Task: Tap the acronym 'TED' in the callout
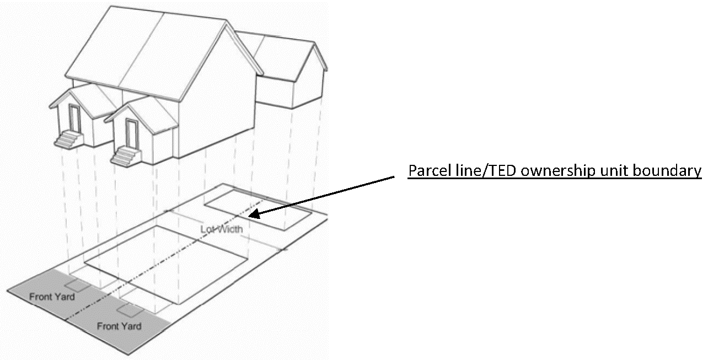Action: point(486,171)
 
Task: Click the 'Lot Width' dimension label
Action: point(221,228)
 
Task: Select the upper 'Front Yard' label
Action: point(52,297)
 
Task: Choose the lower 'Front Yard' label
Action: point(119,326)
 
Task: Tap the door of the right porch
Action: point(131,133)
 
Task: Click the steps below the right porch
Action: point(123,156)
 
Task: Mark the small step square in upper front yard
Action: point(76,286)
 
